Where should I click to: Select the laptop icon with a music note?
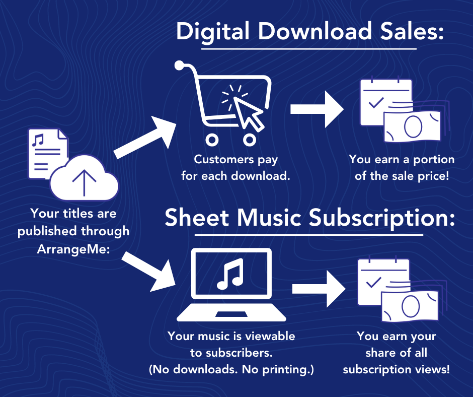[231, 285]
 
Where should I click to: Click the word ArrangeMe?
[73, 249]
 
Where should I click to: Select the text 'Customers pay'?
[236, 160]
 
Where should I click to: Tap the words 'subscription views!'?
[396, 369]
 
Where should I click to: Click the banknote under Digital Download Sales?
[412, 125]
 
